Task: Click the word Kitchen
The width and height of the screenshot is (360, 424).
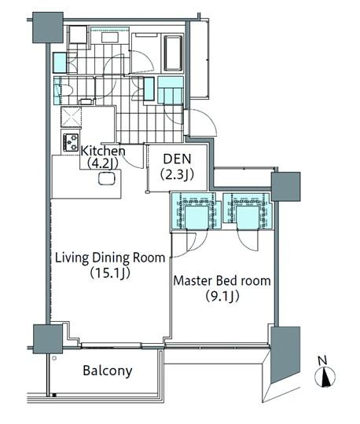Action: (x=103, y=151)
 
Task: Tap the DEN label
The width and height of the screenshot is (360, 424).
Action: (x=178, y=158)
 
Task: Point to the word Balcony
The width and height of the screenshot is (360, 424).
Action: (x=108, y=371)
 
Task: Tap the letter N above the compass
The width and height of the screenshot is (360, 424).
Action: (x=323, y=360)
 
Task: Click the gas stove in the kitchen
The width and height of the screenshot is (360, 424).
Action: (x=72, y=143)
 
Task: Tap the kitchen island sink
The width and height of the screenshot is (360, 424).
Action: (x=105, y=179)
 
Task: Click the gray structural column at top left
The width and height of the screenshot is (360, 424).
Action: (x=47, y=27)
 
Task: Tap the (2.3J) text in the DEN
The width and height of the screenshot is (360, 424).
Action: (x=178, y=174)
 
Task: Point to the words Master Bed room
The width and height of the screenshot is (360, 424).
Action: (x=222, y=280)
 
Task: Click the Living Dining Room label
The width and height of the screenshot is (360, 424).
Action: (x=109, y=258)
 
